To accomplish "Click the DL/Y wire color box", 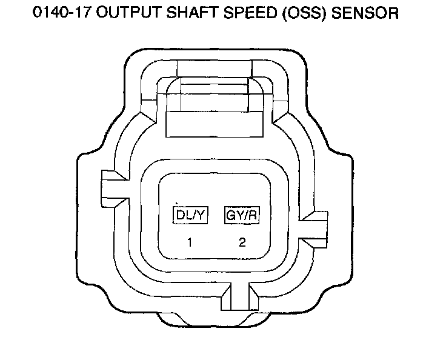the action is (190, 215).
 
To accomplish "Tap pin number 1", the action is (190, 243).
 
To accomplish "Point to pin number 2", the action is (242, 243).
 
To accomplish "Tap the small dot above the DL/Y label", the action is (176, 203).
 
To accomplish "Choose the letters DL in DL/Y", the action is (183, 215).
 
